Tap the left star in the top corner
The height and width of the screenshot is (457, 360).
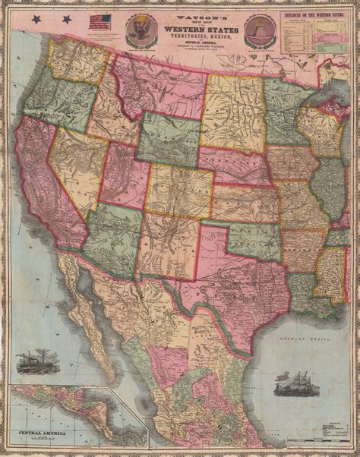coord(49,17)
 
